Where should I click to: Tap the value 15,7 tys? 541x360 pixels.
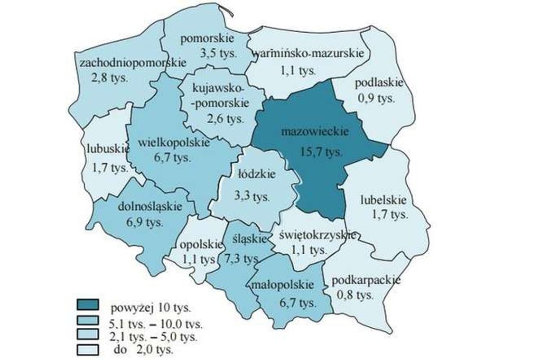tap(321, 152)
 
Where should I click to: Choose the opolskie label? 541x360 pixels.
tap(201, 245)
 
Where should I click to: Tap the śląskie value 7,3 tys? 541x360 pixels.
tap(242, 259)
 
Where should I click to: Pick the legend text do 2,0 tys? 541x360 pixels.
tap(143, 351)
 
